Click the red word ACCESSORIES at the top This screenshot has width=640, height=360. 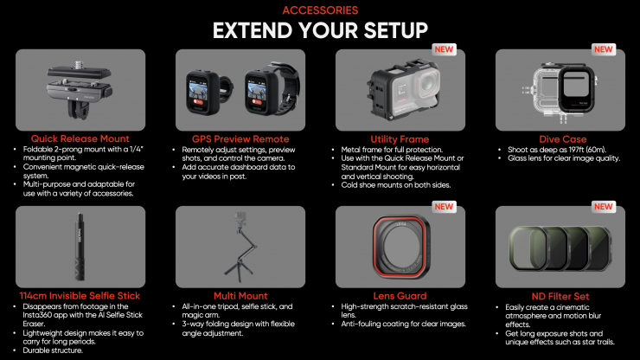320,10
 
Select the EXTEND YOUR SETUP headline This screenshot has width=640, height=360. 320,30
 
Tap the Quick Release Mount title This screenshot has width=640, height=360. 80,139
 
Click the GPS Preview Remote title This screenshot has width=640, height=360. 240,139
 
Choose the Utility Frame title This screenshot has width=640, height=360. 400,139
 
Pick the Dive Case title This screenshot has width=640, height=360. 562,139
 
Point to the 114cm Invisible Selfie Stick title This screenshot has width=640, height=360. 80,296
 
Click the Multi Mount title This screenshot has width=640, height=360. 240,296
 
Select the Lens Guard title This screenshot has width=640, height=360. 400,296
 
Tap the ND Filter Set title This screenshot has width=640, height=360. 560,296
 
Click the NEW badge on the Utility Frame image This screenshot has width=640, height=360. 444,49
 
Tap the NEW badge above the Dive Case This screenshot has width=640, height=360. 604,49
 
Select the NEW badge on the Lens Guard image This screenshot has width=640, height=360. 444,206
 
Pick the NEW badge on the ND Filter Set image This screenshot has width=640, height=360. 604,206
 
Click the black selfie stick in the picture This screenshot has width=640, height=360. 80,247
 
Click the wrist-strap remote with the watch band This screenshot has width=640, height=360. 272,88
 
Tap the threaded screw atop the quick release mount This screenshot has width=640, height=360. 80,65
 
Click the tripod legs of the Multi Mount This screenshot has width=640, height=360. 240,270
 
